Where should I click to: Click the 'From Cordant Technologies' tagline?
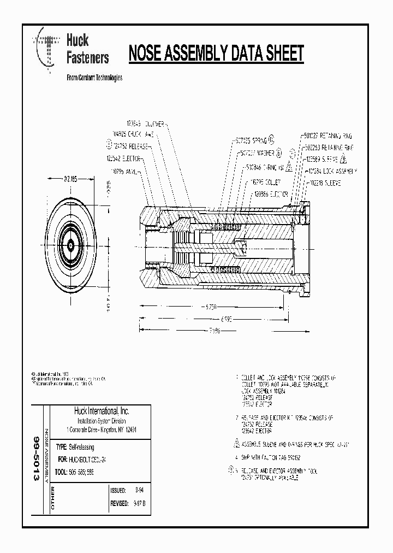pyautogui.click(x=94, y=78)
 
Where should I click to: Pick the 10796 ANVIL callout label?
pyautogui.click(x=125, y=170)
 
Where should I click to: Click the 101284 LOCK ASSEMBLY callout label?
pyautogui.click(x=332, y=171)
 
